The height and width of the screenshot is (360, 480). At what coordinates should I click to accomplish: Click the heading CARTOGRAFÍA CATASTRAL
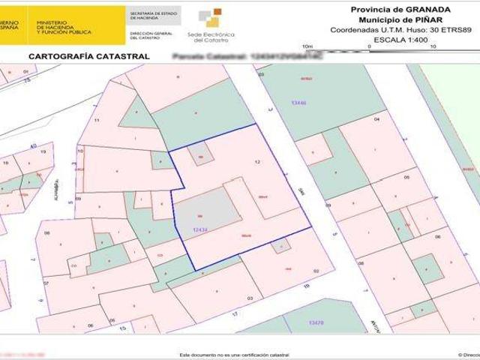click(x=88, y=56)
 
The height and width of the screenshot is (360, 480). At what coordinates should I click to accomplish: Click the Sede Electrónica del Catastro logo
click(x=211, y=24)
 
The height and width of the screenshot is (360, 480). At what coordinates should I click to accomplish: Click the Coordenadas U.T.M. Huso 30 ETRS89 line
click(x=400, y=29)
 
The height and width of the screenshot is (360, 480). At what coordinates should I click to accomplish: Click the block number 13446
click(x=299, y=103)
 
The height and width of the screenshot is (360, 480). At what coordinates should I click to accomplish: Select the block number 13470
click(x=316, y=322)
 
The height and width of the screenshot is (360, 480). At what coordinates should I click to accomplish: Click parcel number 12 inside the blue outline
click(x=257, y=162)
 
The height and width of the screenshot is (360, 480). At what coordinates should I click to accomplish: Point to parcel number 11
click(x=97, y=120)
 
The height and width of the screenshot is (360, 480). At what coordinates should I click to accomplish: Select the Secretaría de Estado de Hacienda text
click(x=154, y=15)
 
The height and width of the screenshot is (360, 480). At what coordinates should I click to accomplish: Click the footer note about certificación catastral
click(x=234, y=354)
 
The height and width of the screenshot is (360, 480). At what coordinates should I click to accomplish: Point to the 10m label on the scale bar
click(x=306, y=46)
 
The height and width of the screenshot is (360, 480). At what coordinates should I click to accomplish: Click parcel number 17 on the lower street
click(x=234, y=312)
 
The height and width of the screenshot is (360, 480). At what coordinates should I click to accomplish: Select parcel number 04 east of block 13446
click(x=376, y=119)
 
